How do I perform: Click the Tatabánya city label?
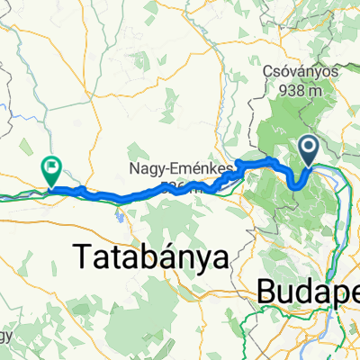pos(148,258)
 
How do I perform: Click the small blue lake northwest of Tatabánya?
pos(118,213)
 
